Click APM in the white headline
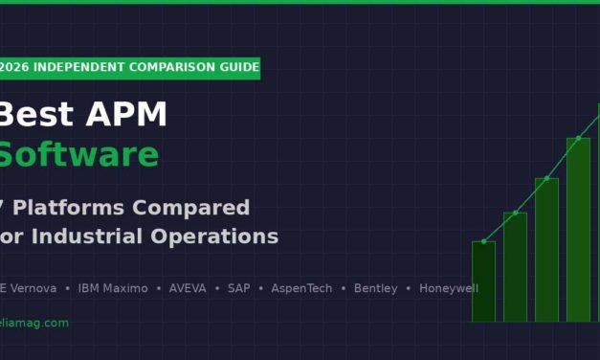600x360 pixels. [124, 115]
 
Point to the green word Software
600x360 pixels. [78, 155]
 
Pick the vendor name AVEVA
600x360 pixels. [188, 288]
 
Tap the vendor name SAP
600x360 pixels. [238, 288]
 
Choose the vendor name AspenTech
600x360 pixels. [301, 288]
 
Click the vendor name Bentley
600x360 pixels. [375, 288]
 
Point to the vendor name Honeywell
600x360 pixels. [448, 288]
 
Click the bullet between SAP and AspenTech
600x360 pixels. [260, 288]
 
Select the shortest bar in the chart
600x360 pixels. [483, 281]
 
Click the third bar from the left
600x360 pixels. [546, 250]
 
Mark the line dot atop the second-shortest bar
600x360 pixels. [515, 213]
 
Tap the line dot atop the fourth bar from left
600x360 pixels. [578, 138]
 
